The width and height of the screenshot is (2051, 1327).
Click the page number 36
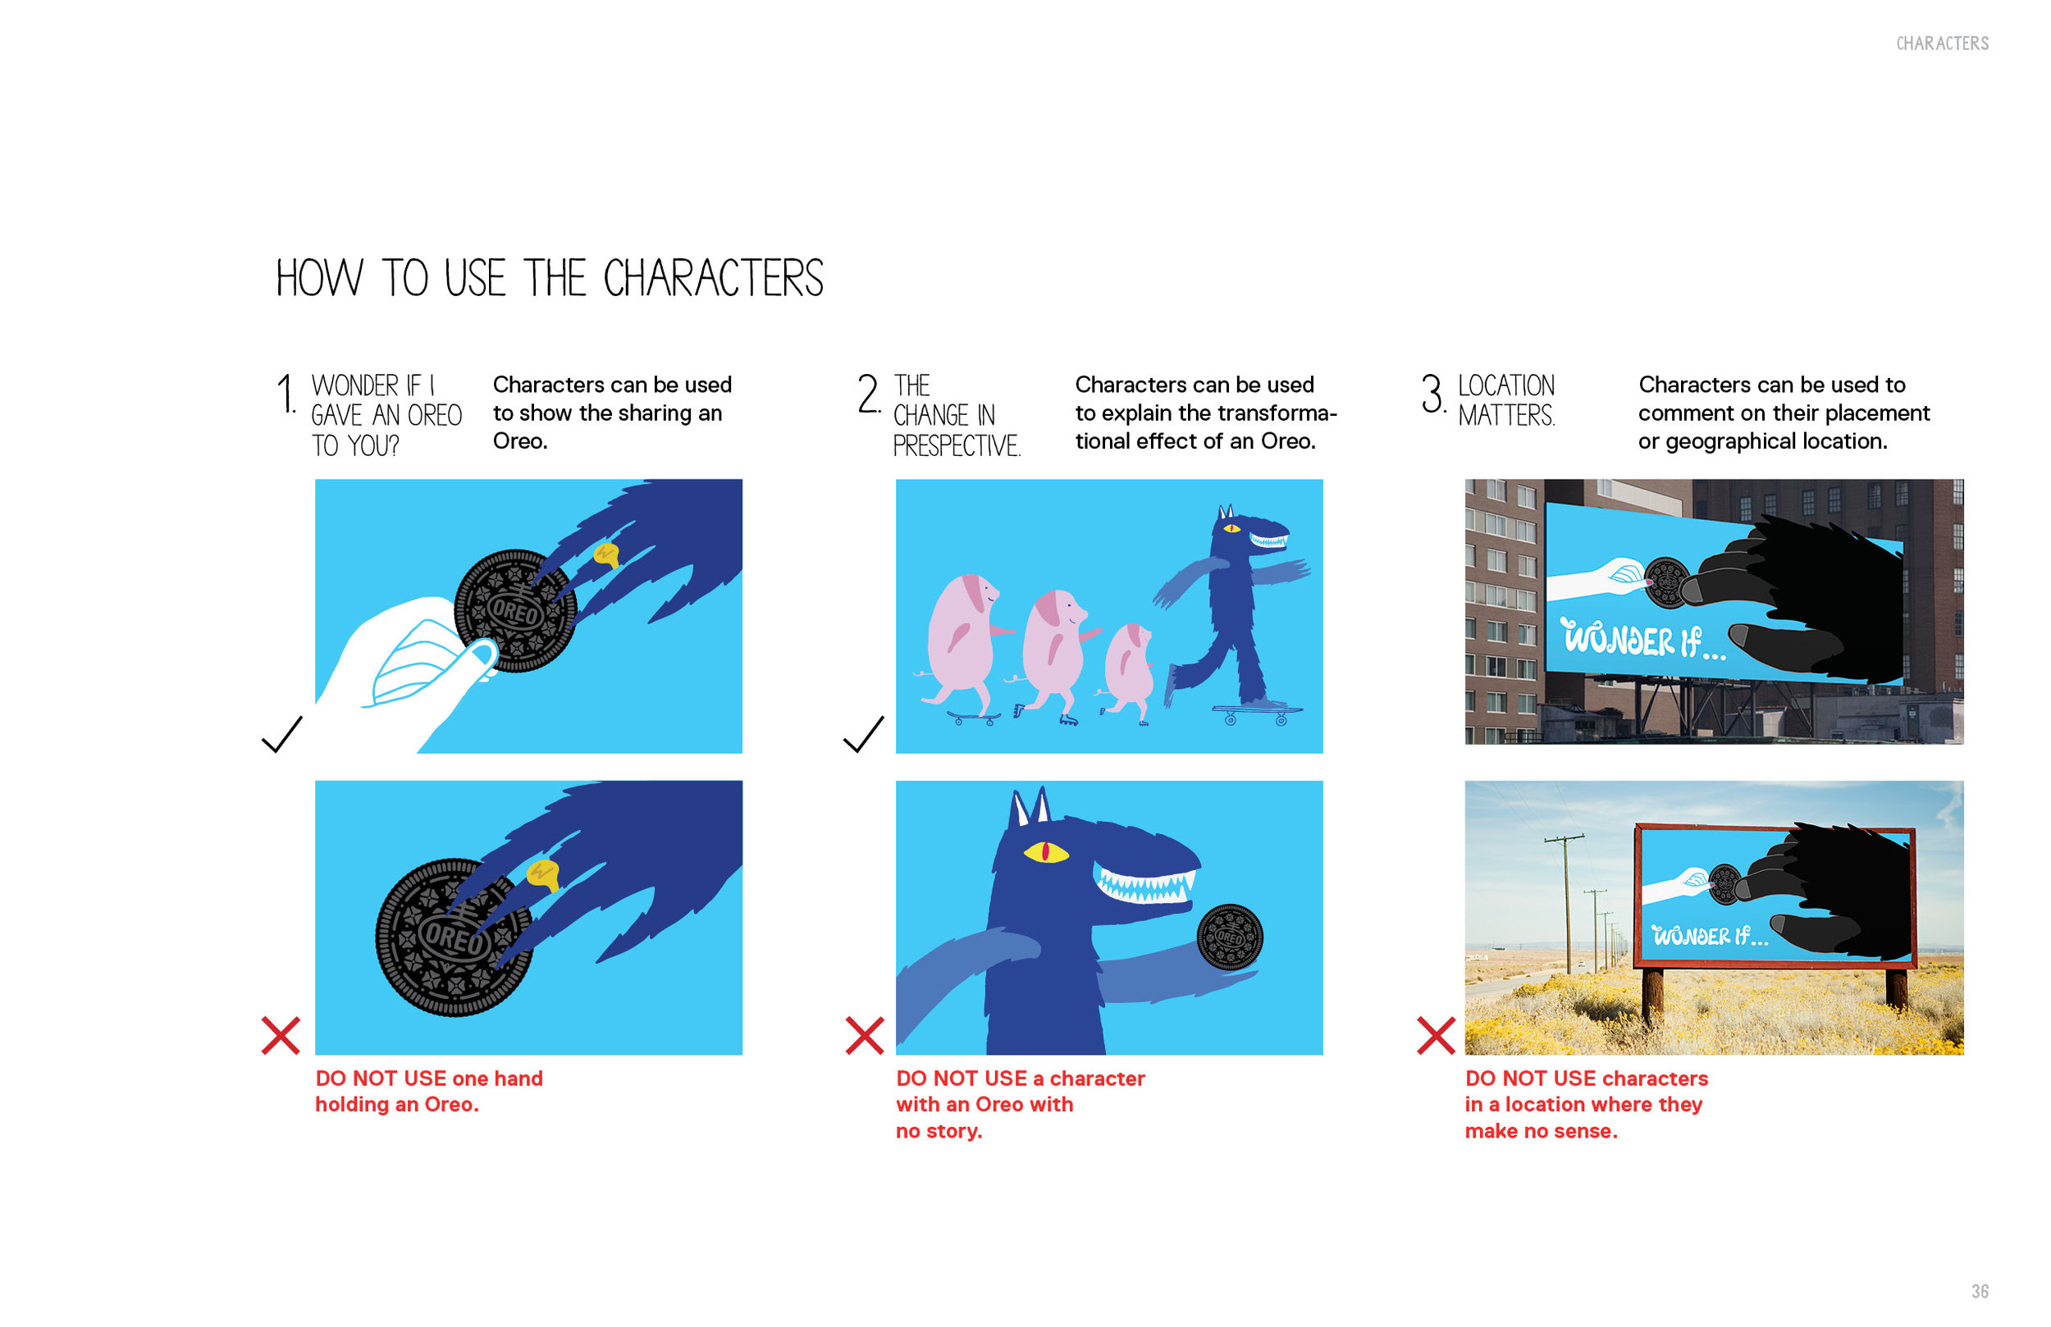point(1980,1292)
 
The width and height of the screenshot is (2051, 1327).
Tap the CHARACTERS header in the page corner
point(1943,43)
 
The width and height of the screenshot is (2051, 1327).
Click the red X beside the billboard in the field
point(1436,1035)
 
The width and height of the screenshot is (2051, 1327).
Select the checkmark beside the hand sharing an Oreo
point(281,734)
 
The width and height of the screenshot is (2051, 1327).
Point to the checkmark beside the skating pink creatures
point(864,734)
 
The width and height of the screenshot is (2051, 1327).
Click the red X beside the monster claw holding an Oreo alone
point(281,1035)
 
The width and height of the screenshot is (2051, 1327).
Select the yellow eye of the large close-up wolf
point(1045,852)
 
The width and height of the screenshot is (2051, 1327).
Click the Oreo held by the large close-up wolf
point(1230,937)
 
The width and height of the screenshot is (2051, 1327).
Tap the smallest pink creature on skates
point(1128,673)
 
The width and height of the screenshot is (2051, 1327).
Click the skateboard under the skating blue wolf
point(1257,714)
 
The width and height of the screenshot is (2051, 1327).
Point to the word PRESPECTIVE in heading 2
point(957,445)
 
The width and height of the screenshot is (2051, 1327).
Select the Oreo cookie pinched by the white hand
point(515,610)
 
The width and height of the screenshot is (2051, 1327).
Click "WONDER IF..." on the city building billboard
point(1644,640)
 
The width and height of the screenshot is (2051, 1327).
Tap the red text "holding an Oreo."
point(396,1105)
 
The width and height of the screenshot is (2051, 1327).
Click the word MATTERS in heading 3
point(1506,415)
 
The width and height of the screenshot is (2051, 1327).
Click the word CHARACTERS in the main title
point(713,278)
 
